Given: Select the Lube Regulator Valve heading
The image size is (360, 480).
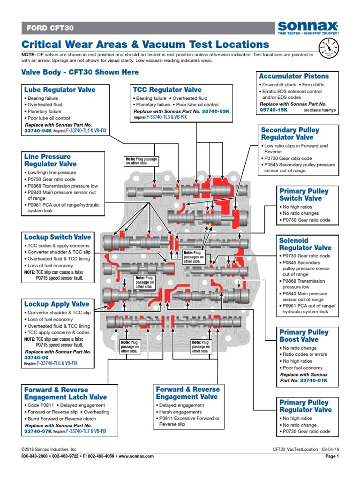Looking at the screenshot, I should click(x=60, y=90).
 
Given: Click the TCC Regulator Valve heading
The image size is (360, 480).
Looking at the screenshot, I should click(x=167, y=90).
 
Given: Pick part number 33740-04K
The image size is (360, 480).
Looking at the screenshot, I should click(x=37, y=131).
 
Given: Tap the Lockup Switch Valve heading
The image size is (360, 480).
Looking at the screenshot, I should click(x=58, y=237).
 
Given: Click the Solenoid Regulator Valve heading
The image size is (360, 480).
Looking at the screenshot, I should click(x=305, y=244).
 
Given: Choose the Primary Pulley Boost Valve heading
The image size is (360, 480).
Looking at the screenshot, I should click(x=304, y=336).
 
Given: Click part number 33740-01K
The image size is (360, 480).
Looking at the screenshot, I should click(x=314, y=381).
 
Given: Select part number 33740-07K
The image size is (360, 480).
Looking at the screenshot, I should click(x=37, y=431).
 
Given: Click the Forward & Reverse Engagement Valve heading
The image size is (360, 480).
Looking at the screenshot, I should click(x=187, y=393).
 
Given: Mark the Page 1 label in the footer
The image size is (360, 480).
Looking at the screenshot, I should click(x=331, y=456).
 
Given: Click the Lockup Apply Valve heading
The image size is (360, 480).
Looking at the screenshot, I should click(x=57, y=304).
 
